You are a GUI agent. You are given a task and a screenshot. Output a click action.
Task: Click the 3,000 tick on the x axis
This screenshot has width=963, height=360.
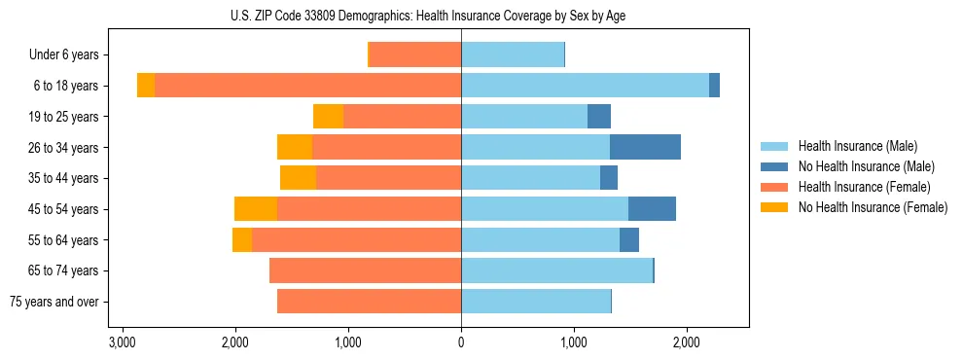click(123, 342)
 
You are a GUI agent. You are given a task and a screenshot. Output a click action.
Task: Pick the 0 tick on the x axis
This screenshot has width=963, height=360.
click(461, 342)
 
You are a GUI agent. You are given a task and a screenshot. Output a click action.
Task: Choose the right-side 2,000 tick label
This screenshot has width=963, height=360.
click(686, 342)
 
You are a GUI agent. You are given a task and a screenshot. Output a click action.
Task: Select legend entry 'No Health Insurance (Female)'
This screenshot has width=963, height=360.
click(873, 207)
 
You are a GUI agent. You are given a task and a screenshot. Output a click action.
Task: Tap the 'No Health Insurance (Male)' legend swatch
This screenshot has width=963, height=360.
click(774, 166)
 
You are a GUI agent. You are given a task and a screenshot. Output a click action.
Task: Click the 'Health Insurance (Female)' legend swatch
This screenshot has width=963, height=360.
click(774, 187)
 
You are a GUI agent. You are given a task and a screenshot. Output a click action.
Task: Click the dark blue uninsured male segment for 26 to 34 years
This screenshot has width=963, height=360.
click(645, 147)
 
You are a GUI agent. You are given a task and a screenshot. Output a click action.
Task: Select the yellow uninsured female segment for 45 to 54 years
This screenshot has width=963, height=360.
click(256, 209)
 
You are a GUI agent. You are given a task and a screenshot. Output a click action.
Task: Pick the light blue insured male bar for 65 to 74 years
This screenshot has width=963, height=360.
click(556, 270)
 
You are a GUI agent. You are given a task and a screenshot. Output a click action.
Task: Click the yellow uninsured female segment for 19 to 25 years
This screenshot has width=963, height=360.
click(328, 117)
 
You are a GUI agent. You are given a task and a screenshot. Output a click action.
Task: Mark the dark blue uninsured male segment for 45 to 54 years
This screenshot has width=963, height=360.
click(652, 209)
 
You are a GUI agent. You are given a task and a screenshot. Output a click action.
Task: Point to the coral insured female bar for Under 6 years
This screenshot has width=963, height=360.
click(415, 55)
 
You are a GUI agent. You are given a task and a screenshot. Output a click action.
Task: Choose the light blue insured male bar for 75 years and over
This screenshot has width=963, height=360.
click(536, 302)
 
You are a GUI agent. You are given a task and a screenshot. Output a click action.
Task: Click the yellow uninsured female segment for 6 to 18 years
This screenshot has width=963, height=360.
click(146, 86)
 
